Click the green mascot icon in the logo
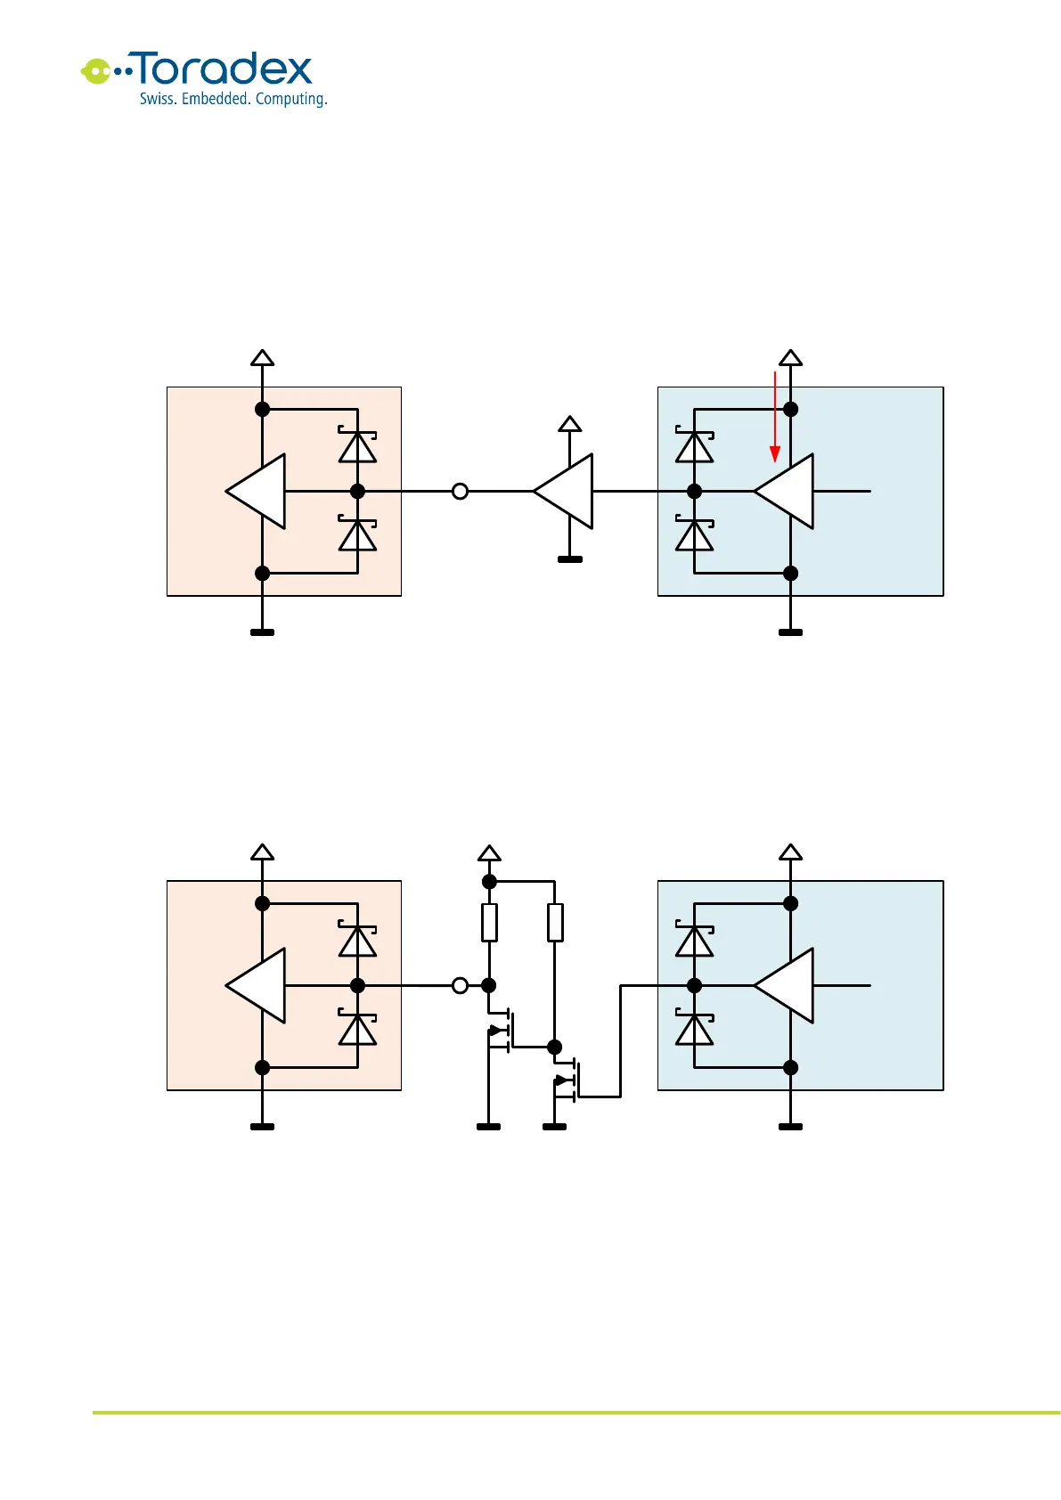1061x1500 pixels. (x=95, y=70)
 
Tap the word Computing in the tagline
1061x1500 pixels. (x=290, y=99)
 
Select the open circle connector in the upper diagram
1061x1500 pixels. (x=460, y=491)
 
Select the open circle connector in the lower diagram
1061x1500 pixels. (x=460, y=985)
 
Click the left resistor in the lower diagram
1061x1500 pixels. (x=489, y=923)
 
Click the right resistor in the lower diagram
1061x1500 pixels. (x=555, y=923)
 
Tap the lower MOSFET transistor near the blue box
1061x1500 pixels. (x=568, y=1080)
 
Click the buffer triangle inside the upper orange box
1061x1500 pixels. (x=257, y=491)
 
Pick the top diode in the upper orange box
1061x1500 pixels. (x=357, y=445)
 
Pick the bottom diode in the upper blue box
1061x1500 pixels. (x=695, y=534)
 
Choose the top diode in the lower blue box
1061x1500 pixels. (x=695, y=940)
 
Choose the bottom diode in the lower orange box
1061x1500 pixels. (x=357, y=1029)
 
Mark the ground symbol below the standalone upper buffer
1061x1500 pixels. (x=570, y=559)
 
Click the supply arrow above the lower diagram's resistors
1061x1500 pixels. (x=489, y=853)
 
